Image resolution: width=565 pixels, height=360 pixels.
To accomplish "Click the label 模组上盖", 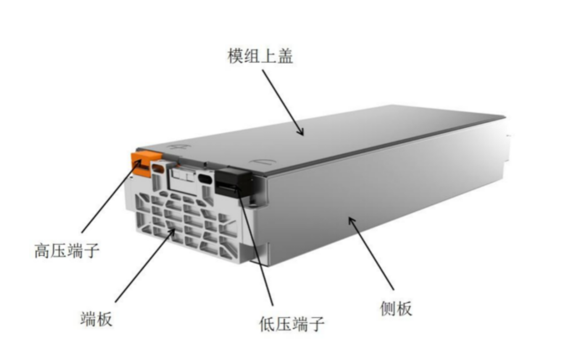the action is (260, 56).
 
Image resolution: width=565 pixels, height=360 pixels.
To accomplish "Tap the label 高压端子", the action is (67, 250).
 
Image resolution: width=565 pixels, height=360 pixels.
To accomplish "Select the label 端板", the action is (96, 319).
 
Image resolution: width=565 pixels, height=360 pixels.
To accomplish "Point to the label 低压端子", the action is (292, 324).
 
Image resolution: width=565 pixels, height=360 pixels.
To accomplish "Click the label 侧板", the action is (396, 308).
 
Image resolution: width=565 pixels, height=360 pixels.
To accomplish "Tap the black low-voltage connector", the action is (234, 181).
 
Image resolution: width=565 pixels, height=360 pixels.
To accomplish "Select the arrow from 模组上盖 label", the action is (283, 102).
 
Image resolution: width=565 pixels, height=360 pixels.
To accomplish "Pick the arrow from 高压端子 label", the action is (111, 197).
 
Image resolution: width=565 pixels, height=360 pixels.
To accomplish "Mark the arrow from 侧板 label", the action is (371, 254).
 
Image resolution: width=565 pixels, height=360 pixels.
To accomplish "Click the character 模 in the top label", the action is (236, 56).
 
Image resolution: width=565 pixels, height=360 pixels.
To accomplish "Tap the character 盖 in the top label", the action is (285, 56).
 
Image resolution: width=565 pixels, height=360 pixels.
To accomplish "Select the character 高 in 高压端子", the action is (42, 250).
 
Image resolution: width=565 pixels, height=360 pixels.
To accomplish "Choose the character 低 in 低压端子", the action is (267, 324).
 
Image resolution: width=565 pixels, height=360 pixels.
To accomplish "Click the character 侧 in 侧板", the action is (388, 308).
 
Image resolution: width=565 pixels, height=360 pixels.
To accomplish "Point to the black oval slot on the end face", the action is (205, 179).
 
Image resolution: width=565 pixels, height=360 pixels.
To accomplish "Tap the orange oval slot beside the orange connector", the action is (158, 168).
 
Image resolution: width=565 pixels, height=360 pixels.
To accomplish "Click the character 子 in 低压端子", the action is (317, 324).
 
